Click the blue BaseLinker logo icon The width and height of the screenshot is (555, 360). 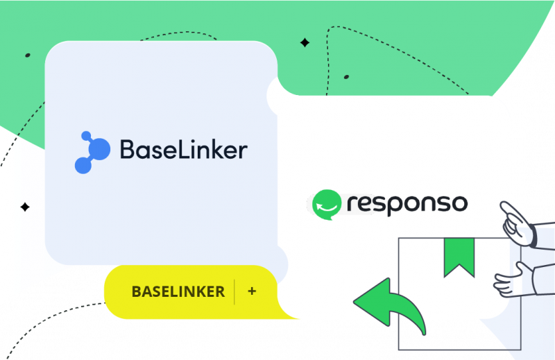coord(92,151)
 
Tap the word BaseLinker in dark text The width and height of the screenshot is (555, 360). coord(183,150)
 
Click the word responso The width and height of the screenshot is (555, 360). coord(407,205)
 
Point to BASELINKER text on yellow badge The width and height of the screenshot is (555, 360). coord(178,291)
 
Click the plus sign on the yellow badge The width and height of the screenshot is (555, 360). coord(252,291)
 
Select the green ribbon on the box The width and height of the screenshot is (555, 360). coord(459,257)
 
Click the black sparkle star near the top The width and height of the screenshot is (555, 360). coord(305,43)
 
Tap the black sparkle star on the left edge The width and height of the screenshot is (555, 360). coord(25,207)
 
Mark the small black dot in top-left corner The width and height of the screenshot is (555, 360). coord(27,55)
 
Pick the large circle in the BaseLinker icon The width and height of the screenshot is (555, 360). coord(99,148)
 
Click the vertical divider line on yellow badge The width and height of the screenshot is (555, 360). coord(234,291)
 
